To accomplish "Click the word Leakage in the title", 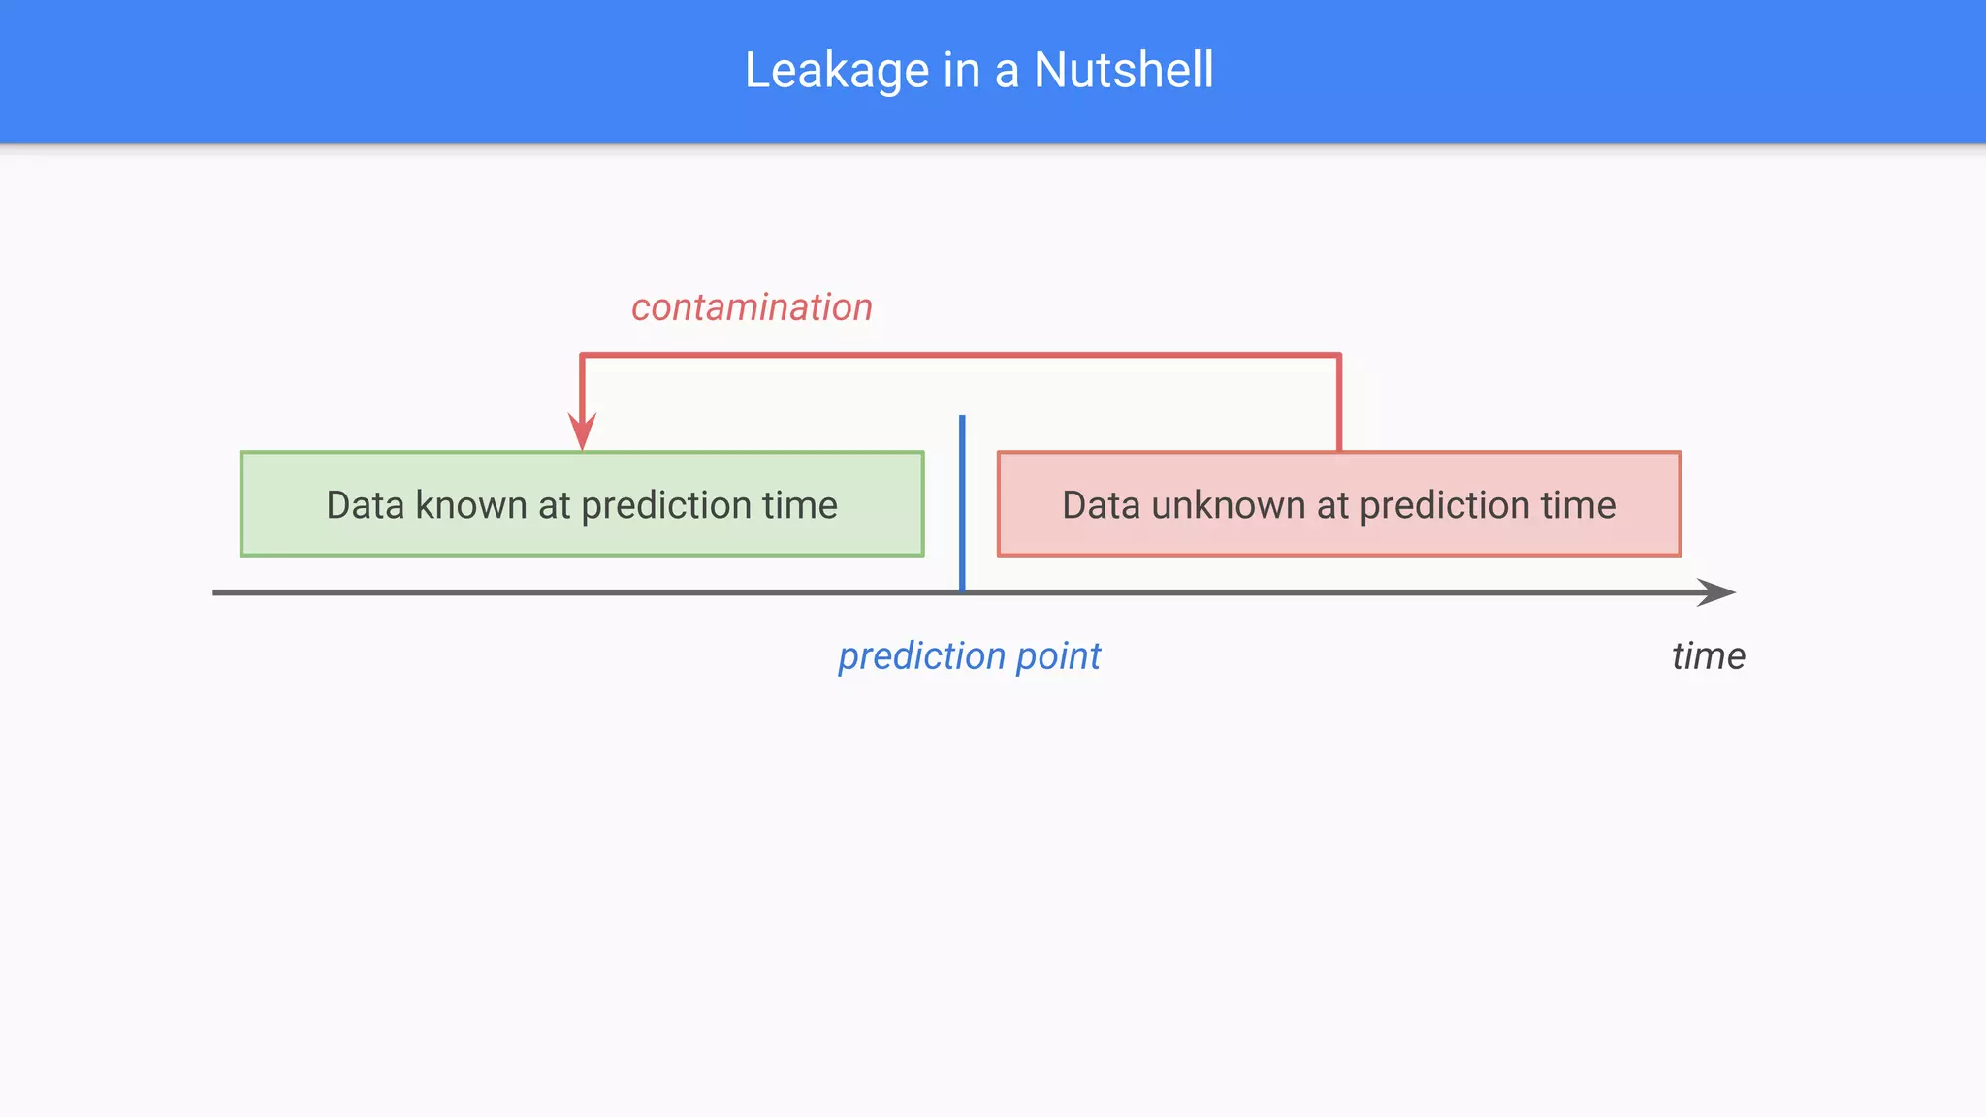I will [x=837, y=71].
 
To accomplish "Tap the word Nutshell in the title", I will [x=1123, y=71].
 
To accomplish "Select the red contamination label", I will [x=752, y=307].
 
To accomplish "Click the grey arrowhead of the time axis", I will [x=1716, y=592].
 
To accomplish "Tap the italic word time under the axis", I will [x=1709, y=656].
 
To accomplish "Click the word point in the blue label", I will [x=1059, y=656].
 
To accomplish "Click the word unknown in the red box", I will [x=1229, y=505].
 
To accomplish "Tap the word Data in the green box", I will [x=365, y=505].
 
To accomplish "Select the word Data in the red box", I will [x=1101, y=505].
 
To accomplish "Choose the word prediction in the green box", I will [x=666, y=505].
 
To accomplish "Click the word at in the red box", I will [x=1332, y=505].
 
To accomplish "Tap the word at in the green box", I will [x=554, y=505].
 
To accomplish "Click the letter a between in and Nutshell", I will [x=1007, y=71].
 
